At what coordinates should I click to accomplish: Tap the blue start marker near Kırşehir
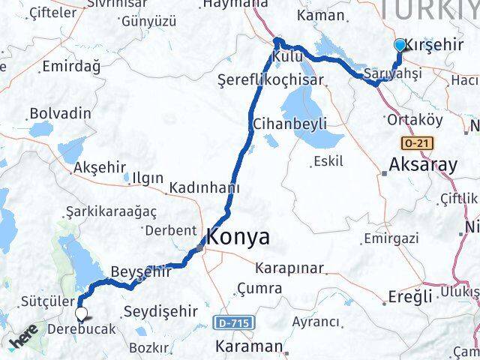click(x=400, y=45)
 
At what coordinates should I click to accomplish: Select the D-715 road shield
click(x=234, y=323)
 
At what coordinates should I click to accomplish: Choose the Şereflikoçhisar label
click(x=270, y=79)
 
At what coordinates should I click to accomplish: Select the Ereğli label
click(x=409, y=296)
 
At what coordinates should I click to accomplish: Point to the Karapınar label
click(x=289, y=268)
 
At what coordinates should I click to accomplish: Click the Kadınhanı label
click(x=199, y=187)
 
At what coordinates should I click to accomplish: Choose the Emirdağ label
click(x=71, y=67)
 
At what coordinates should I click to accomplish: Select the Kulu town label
click(x=287, y=57)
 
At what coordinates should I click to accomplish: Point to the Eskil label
click(x=328, y=160)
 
